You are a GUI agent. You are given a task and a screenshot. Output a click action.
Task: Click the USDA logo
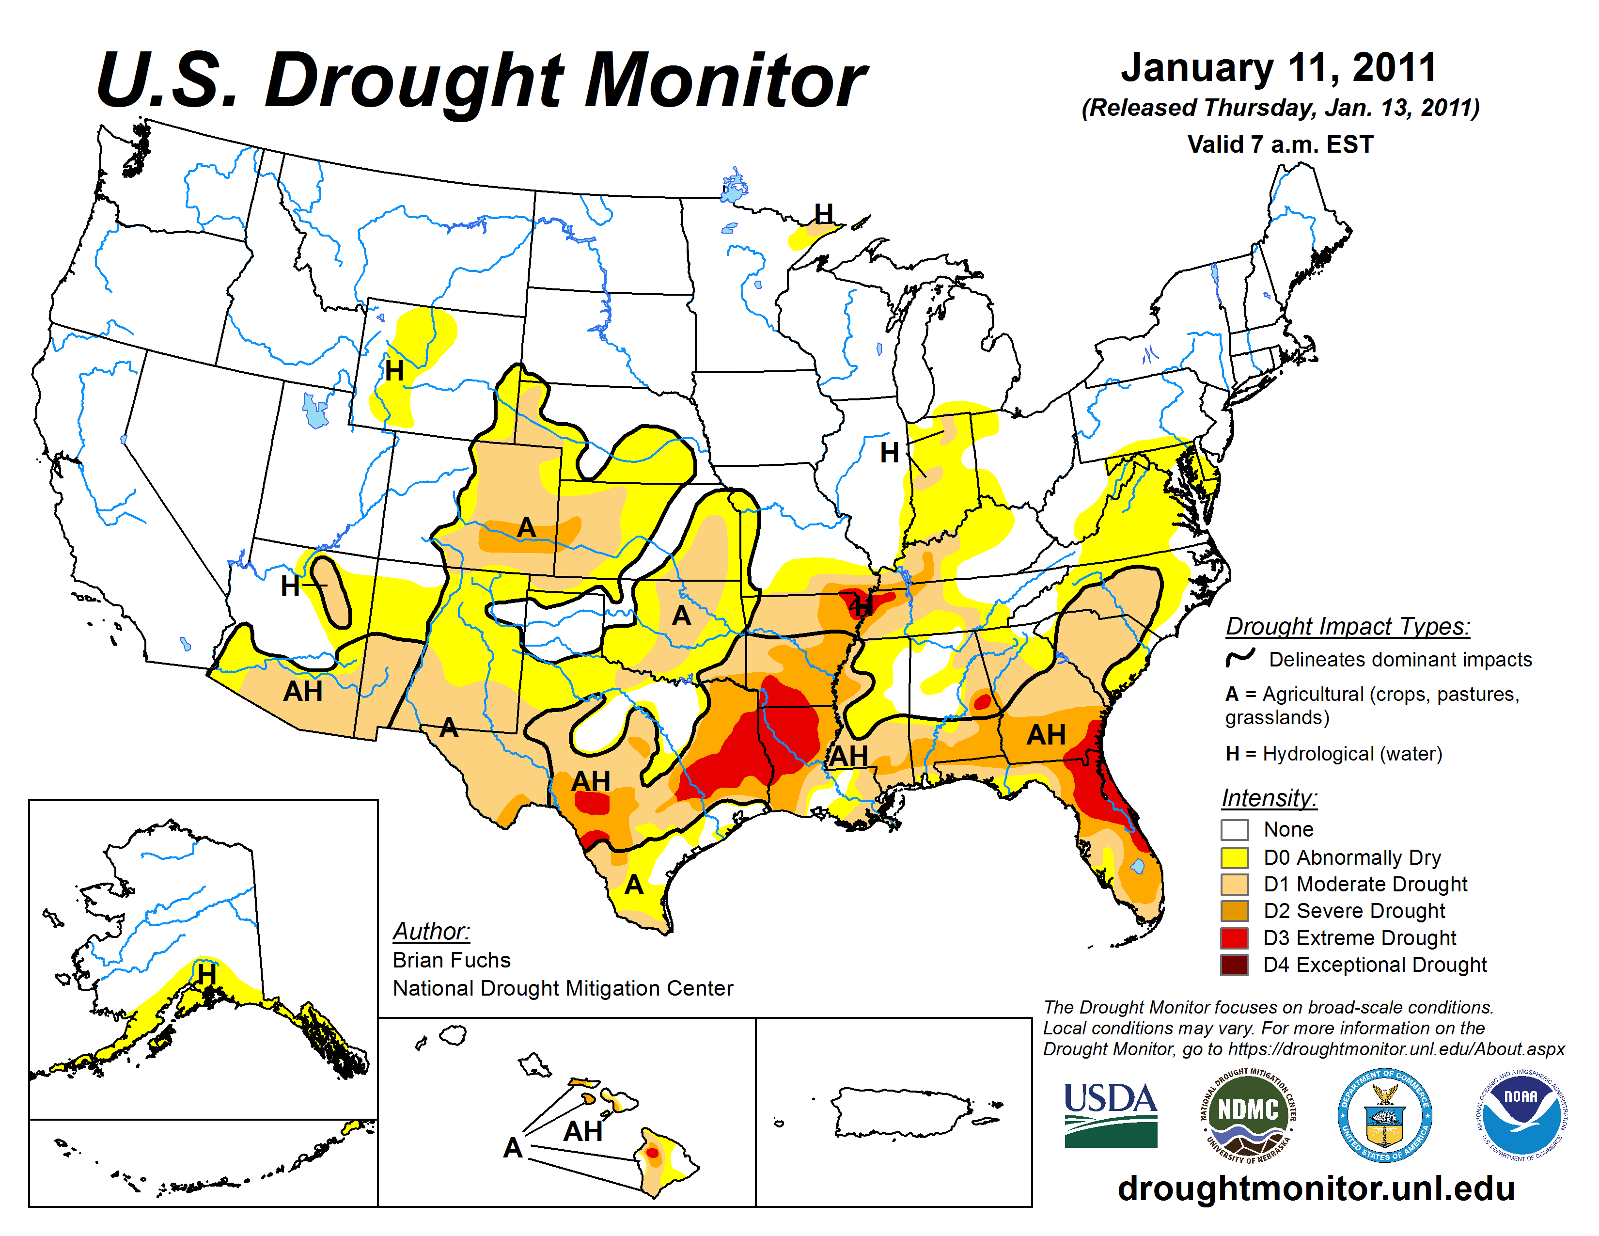[1110, 1114]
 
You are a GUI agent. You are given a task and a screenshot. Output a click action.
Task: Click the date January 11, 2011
[1278, 67]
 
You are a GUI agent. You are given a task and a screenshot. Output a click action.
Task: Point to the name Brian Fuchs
[451, 960]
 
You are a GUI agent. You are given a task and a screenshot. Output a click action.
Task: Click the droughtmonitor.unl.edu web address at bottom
[1316, 1188]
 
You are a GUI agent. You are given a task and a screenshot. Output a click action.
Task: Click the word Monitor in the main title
[725, 80]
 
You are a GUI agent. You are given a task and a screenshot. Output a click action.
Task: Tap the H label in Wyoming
[394, 371]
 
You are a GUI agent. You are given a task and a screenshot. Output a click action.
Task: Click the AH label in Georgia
[1046, 734]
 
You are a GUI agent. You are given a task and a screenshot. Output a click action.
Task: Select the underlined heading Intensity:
[1269, 797]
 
